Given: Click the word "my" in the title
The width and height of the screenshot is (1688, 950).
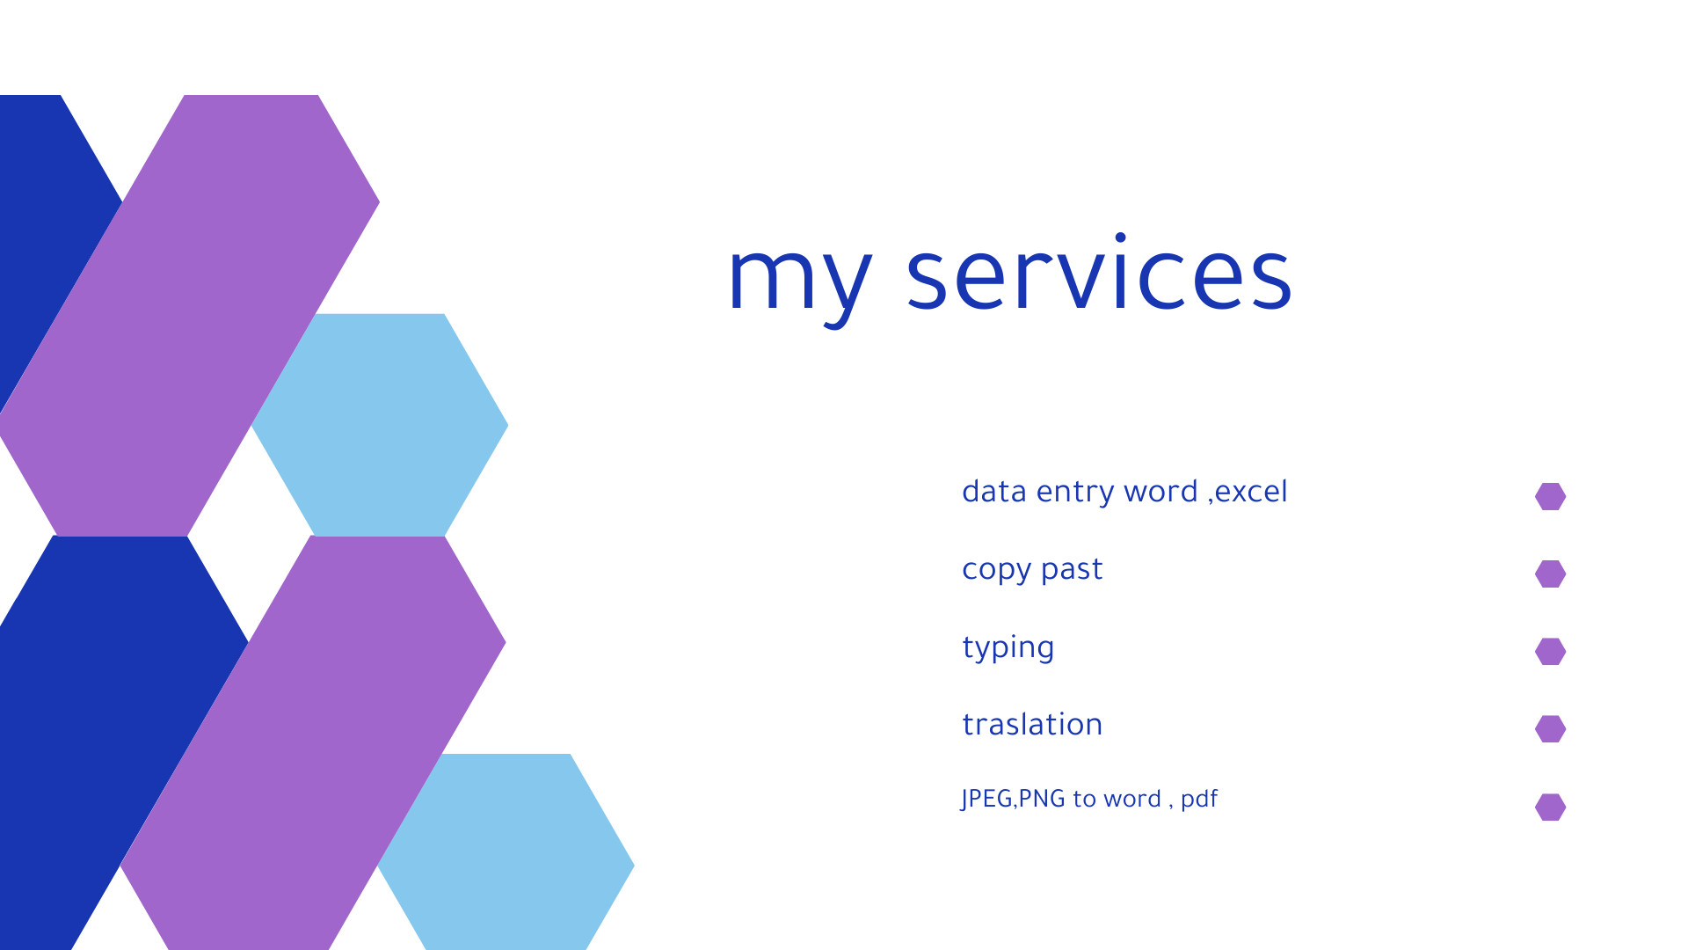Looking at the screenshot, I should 799,280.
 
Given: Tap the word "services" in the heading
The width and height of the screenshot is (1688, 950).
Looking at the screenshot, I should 1098,274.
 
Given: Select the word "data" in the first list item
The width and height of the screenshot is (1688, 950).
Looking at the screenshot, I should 993,491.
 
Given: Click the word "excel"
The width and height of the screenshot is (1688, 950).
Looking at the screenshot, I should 1251,492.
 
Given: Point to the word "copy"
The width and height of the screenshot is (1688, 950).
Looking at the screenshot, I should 996,571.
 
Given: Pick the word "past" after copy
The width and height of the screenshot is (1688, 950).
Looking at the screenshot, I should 1071,571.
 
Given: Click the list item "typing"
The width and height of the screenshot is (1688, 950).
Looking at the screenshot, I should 1008,648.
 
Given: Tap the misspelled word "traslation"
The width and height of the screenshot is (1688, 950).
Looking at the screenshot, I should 1032,725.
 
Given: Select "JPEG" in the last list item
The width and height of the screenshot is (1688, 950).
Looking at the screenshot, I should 986,799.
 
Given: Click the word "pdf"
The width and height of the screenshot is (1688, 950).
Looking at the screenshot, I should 1198,800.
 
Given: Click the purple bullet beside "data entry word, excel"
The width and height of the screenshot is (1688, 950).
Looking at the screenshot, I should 1550,496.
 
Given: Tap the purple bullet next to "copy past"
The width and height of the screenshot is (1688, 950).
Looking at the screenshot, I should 1550,574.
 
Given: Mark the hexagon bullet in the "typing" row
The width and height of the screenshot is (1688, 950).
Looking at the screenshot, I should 1550,652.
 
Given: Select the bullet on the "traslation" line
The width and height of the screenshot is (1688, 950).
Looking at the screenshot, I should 1550,729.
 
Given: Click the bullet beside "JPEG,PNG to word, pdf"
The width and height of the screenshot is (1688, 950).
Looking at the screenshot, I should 1550,807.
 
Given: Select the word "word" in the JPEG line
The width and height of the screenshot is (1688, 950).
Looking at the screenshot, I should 1132,799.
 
